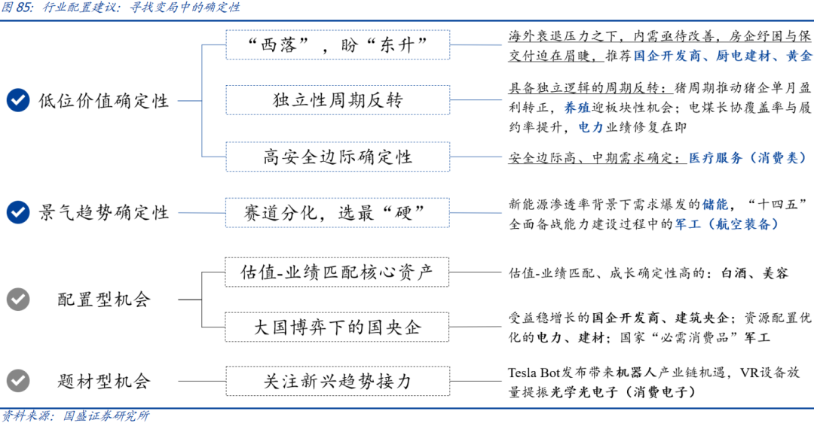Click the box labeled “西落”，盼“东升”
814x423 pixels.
pos(338,45)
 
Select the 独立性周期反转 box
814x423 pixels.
pos(338,100)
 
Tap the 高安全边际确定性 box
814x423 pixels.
pos(338,157)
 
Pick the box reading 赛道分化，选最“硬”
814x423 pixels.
pos(338,213)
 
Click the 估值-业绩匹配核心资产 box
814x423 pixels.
pos(338,272)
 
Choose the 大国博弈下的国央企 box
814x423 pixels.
pos(338,327)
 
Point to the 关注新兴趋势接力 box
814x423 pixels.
pos(338,381)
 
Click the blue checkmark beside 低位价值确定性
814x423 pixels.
pos(18,100)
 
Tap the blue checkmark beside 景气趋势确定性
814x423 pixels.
pos(18,213)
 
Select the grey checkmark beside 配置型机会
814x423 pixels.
pos(18,299)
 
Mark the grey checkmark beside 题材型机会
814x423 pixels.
pos(18,380)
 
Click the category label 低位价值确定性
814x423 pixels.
pos(104,101)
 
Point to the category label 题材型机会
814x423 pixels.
pos(104,381)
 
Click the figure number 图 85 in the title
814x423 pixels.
pos(18,8)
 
